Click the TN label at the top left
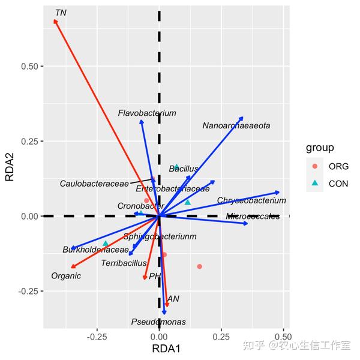[x=60, y=13]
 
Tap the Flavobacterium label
[x=147, y=113]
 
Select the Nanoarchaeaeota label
[x=236, y=126]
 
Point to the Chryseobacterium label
[x=251, y=200]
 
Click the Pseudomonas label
[x=158, y=322]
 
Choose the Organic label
[x=66, y=276]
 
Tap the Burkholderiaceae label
[x=95, y=250]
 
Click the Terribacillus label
[x=124, y=263]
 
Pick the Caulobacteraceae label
[x=94, y=183]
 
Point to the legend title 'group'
[x=320, y=148]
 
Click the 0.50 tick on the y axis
[x=30, y=66]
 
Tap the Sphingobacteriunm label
[x=160, y=236]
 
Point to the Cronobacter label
[x=140, y=206]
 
